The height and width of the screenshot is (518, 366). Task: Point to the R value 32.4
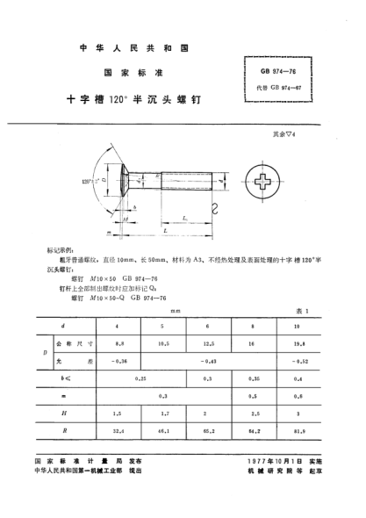pos(118,431)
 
